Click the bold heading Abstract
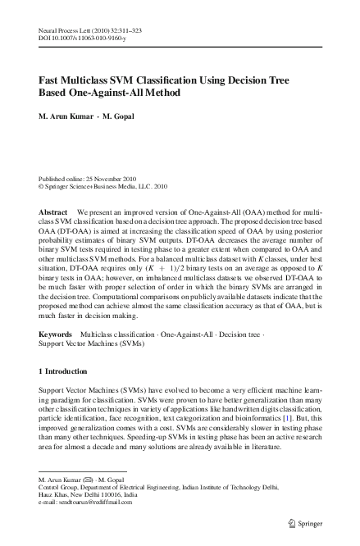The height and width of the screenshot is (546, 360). point(53,211)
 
